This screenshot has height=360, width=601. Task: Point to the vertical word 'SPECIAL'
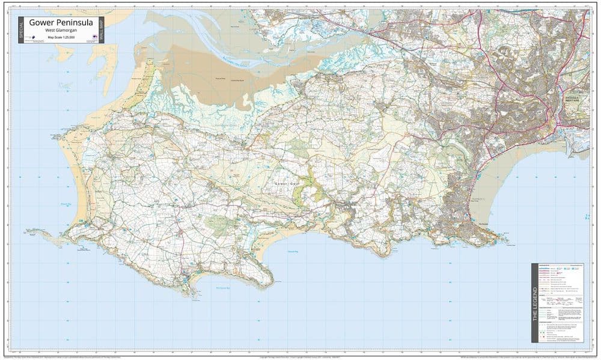(x=21, y=29)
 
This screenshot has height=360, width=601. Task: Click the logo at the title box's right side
(x=94, y=38)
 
